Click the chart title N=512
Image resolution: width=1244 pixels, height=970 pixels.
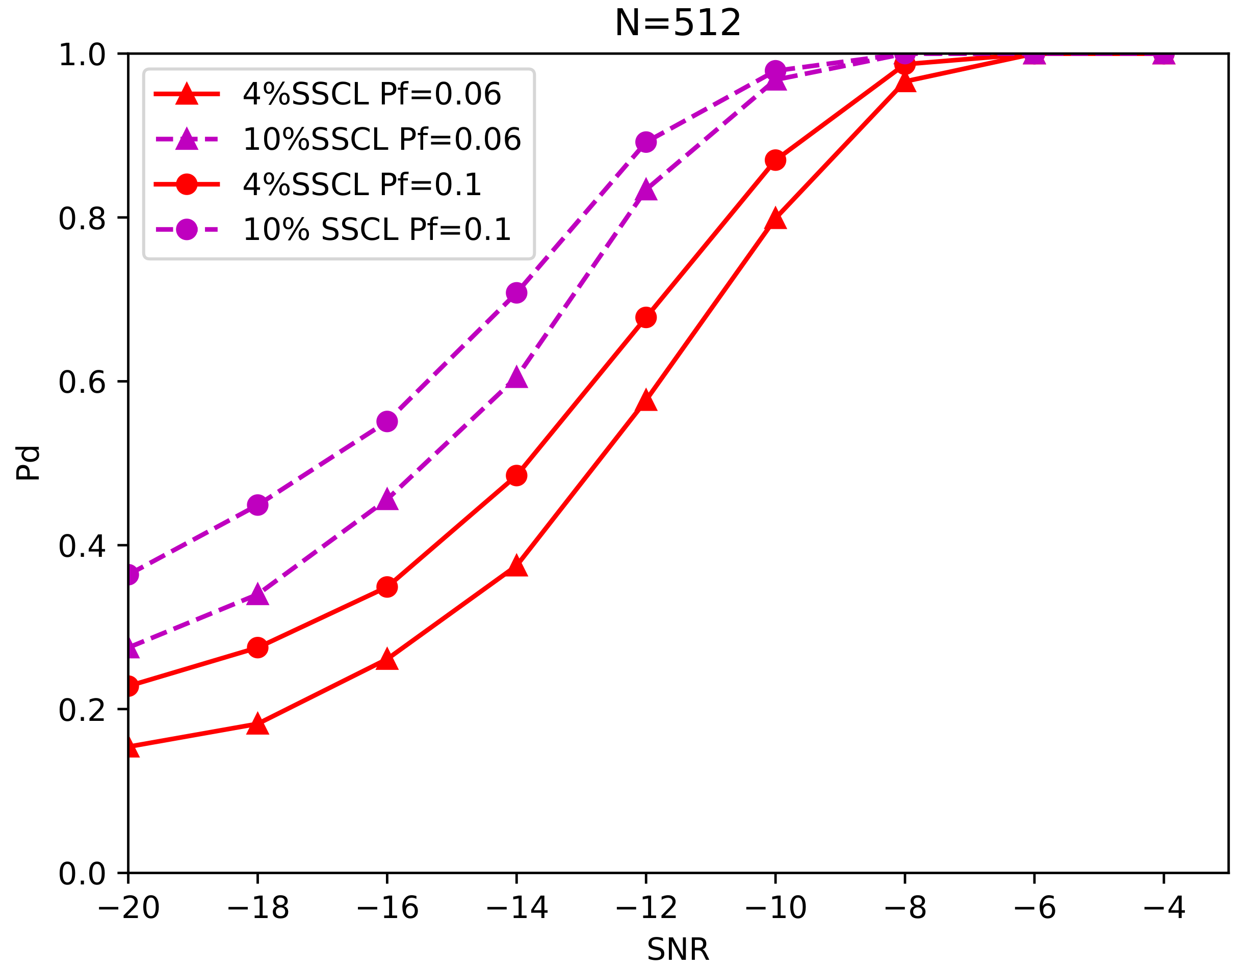point(677,24)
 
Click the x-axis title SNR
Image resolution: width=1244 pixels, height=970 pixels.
point(677,950)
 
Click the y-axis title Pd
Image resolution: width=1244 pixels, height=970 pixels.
point(28,463)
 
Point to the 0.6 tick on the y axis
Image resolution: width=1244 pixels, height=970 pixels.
point(82,382)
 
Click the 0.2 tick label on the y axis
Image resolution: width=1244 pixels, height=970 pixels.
point(82,709)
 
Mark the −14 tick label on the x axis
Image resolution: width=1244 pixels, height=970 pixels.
point(516,907)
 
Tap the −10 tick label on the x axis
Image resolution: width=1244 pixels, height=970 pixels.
point(775,907)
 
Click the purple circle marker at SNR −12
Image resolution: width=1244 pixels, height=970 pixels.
point(646,142)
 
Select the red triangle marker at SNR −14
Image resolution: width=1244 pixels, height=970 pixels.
point(516,567)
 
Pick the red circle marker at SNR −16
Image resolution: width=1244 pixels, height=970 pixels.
point(387,587)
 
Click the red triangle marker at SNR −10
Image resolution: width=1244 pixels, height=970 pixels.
point(775,219)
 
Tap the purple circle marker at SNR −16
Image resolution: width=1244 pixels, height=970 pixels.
point(387,422)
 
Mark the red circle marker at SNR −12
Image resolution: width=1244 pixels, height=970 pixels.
point(646,317)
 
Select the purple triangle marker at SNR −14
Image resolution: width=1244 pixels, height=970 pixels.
point(516,378)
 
